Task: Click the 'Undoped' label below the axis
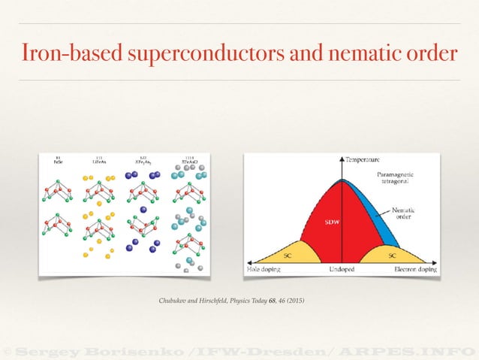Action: click(x=343, y=269)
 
